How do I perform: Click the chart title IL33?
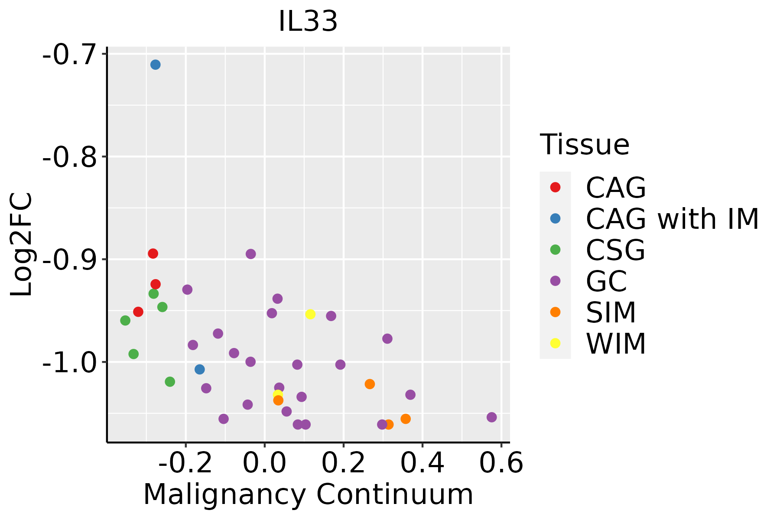pyautogui.click(x=308, y=21)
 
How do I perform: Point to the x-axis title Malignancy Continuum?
pyautogui.click(x=308, y=494)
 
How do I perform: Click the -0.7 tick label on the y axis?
pyautogui.click(x=69, y=55)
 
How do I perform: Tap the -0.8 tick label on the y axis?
pyautogui.click(x=69, y=157)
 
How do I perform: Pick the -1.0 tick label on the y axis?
pyautogui.click(x=69, y=363)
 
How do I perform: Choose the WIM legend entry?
pyautogui.click(x=615, y=344)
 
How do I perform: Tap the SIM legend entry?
pyautogui.click(x=611, y=312)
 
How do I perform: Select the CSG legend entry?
pyautogui.click(x=615, y=250)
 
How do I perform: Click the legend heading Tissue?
pyautogui.click(x=585, y=144)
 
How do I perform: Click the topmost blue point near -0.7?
pyautogui.click(x=156, y=65)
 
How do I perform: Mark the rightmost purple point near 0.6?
pyautogui.click(x=491, y=417)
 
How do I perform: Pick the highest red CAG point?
pyautogui.click(x=153, y=253)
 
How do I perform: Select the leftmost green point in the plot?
pyautogui.click(x=125, y=321)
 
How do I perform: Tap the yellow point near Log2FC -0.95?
pyautogui.click(x=310, y=314)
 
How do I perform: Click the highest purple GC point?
pyautogui.click(x=250, y=254)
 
